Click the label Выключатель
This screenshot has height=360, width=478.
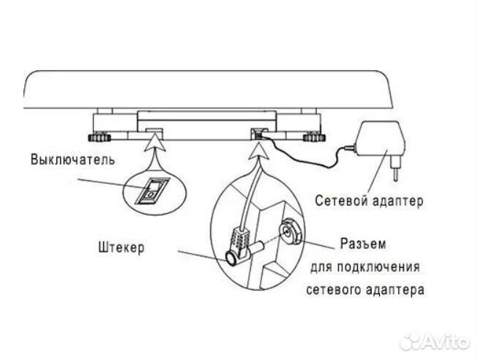pyautogui.click(x=71, y=160)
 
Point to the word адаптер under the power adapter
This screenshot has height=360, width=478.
pyautogui.click(x=397, y=199)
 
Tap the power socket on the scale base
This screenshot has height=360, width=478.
pyautogui.click(x=258, y=132)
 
